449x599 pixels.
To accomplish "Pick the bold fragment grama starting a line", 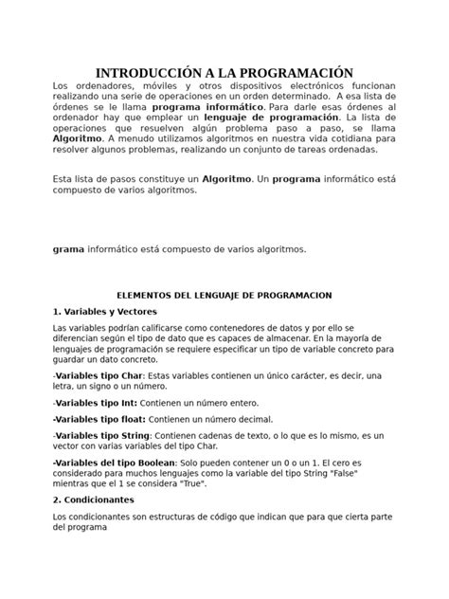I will point(68,249).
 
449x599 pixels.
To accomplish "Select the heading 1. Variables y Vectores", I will point(104,311).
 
